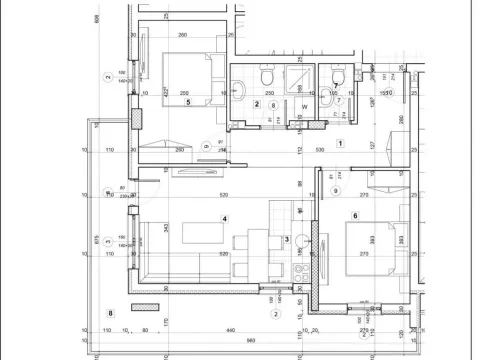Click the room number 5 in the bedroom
(x=187, y=100)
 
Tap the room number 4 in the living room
(x=225, y=219)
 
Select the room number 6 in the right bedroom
(x=355, y=215)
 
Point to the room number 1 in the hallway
(x=341, y=143)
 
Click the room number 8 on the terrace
(x=109, y=313)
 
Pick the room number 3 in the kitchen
(x=286, y=238)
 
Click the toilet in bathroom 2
(x=266, y=77)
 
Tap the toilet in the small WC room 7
(x=338, y=77)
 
